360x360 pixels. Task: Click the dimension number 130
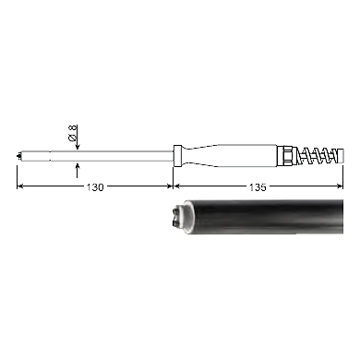[95, 187]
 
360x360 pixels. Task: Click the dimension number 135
[258, 187]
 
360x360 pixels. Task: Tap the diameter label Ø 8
[73, 133]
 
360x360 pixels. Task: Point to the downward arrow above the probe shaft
[77, 138]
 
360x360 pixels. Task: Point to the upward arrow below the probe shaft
[77, 170]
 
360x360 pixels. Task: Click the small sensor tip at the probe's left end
[19, 156]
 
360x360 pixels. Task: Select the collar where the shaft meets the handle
[177, 156]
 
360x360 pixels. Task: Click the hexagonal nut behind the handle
[284, 156]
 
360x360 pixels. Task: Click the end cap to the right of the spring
[339, 156]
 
